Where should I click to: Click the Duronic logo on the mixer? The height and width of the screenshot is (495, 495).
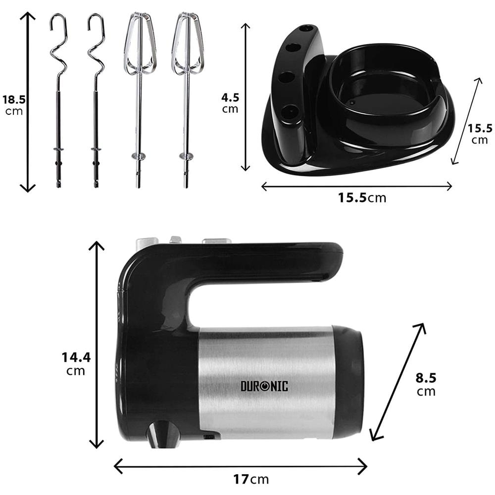point(264,386)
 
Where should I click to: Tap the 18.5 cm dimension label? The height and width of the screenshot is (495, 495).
point(14,104)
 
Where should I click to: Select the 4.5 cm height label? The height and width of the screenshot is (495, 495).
point(230,103)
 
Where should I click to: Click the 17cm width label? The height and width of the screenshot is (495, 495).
point(251,479)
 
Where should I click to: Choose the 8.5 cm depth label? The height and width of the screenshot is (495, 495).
point(426,384)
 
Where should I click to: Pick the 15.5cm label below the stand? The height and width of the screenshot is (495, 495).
point(362,198)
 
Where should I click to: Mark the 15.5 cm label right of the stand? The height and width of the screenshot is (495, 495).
point(480,134)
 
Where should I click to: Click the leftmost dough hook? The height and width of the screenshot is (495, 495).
point(58,99)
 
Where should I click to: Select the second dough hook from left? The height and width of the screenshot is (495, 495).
point(96,99)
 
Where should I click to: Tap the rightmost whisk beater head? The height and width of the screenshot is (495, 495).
point(188,45)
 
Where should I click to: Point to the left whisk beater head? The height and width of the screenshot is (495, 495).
point(140,45)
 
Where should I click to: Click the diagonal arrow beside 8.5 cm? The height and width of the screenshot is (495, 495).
point(398,381)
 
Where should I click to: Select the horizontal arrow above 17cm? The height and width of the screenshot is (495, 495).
point(241,466)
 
